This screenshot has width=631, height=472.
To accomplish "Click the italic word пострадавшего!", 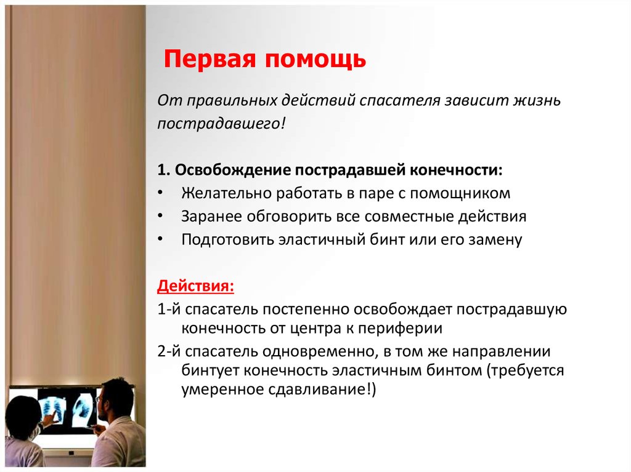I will pos(221,124).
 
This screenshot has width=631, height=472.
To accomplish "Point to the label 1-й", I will pos(169,310).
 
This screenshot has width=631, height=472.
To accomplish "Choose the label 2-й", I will pos(169,353).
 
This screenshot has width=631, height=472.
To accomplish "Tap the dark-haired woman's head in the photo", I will pos(23,416).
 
